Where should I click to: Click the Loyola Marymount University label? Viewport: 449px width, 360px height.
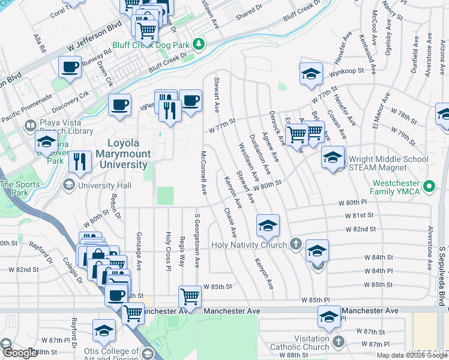pyautogui.click(x=122, y=154)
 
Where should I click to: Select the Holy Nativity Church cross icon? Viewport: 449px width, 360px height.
pyautogui.click(x=295, y=244)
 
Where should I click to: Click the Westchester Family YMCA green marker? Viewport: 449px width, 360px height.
pyautogui.click(x=429, y=187)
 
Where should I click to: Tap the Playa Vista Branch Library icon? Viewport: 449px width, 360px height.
pyautogui.click(x=29, y=126)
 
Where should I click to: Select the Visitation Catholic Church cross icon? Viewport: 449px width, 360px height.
pyautogui.click(x=338, y=342)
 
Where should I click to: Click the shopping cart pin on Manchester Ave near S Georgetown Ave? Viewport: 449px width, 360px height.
pyautogui.click(x=190, y=296)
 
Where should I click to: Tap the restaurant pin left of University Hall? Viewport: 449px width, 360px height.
pyautogui.click(x=79, y=161)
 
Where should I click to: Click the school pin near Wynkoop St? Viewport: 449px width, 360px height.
pyautogui.click(x=310, y=74)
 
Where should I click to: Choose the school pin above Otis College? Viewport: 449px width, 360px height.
pyautogui.click(x=104, y=330)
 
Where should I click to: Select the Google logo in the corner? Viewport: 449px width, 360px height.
pyautogui.click(x=20, y=353)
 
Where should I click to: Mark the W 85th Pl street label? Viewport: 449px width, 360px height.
pyautogui.click(x=316, y=299)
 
